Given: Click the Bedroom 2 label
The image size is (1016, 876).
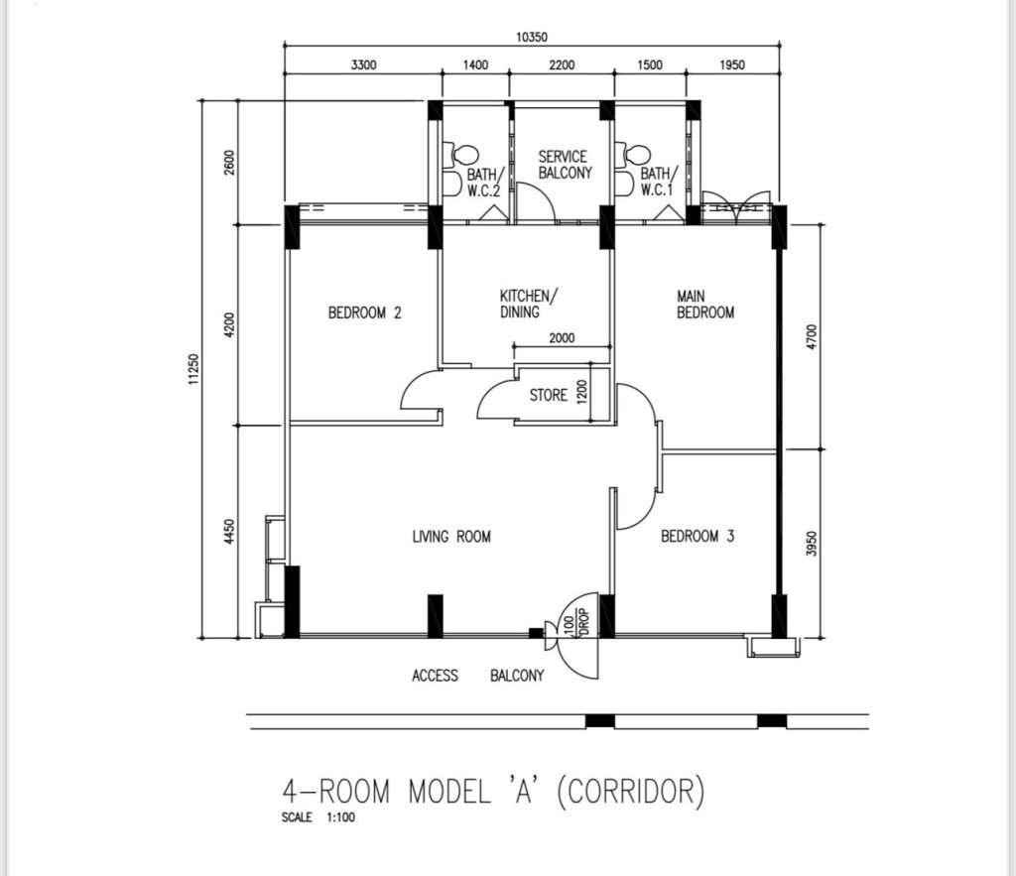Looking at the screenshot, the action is [x=365, y=313].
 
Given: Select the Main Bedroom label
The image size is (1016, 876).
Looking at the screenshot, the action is [x=705, y=305].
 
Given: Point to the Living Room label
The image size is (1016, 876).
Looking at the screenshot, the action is [x=451, y=537].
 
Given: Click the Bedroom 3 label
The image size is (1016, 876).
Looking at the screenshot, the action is [x=698, y=536].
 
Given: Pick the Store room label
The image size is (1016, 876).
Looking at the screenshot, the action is [x=548, y=395].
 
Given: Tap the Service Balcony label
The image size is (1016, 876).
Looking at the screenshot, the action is [x=565, y=165].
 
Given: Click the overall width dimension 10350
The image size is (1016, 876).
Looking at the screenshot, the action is [x=532, y=37].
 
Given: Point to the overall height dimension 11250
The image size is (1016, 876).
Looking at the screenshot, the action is [x=193, y=371].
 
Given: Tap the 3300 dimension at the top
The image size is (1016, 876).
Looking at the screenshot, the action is [x=363, y=64].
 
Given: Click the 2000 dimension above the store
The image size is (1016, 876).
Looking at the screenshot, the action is [x=562, y=337].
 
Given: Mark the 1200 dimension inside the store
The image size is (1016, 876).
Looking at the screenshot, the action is [x=581, y=391].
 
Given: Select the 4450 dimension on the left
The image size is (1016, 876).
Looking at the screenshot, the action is [x=228, y=532].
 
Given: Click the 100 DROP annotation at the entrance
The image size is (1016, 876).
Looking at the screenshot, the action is [x=576, y=621].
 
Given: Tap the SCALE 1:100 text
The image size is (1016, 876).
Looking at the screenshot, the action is [x=318, y=817].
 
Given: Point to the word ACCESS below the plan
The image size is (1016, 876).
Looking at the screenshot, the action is [x=435, y=676].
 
